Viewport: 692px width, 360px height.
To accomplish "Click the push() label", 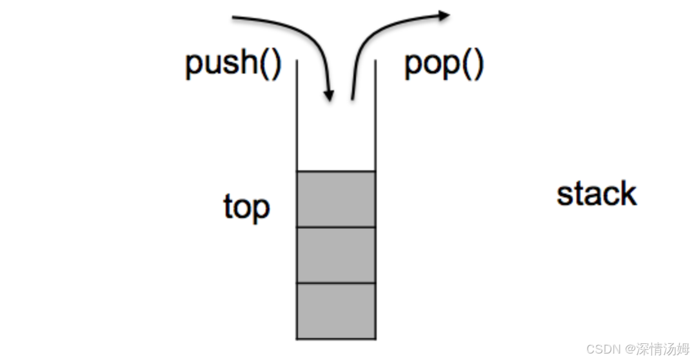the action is (233, 65).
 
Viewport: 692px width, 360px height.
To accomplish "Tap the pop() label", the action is (444, 65).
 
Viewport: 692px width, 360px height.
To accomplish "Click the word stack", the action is (597, 194).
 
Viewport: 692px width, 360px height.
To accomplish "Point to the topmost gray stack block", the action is (335, 199).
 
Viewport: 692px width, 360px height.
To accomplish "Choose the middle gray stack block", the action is (335, 255).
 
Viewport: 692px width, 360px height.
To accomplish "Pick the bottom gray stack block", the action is (335, 310).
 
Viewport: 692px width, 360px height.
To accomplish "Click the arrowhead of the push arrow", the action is (329, 96).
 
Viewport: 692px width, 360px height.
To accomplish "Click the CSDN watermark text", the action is (602, 348).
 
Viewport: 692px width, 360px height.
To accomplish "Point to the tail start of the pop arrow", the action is (352, 99).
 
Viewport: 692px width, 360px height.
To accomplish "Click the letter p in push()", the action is (193, 67).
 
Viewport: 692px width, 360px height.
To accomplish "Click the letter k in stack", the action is (629, 194).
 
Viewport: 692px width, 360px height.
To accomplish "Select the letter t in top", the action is (228, 207).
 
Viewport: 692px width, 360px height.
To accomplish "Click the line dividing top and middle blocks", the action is (335, 227).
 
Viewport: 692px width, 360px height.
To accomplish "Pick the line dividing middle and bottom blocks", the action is (335, 283).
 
